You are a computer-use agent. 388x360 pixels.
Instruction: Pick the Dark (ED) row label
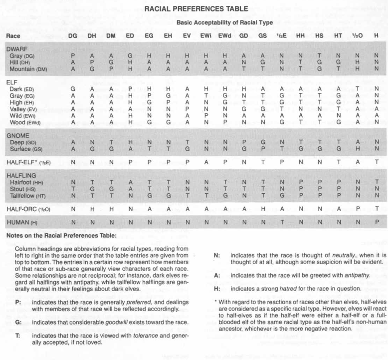pyautogui.click(x=23, y=88)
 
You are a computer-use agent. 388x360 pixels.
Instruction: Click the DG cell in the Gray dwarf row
pyautogui.click(x=73, y=56)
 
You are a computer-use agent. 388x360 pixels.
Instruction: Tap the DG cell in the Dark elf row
pyautogui.click(x=73, y=88)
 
